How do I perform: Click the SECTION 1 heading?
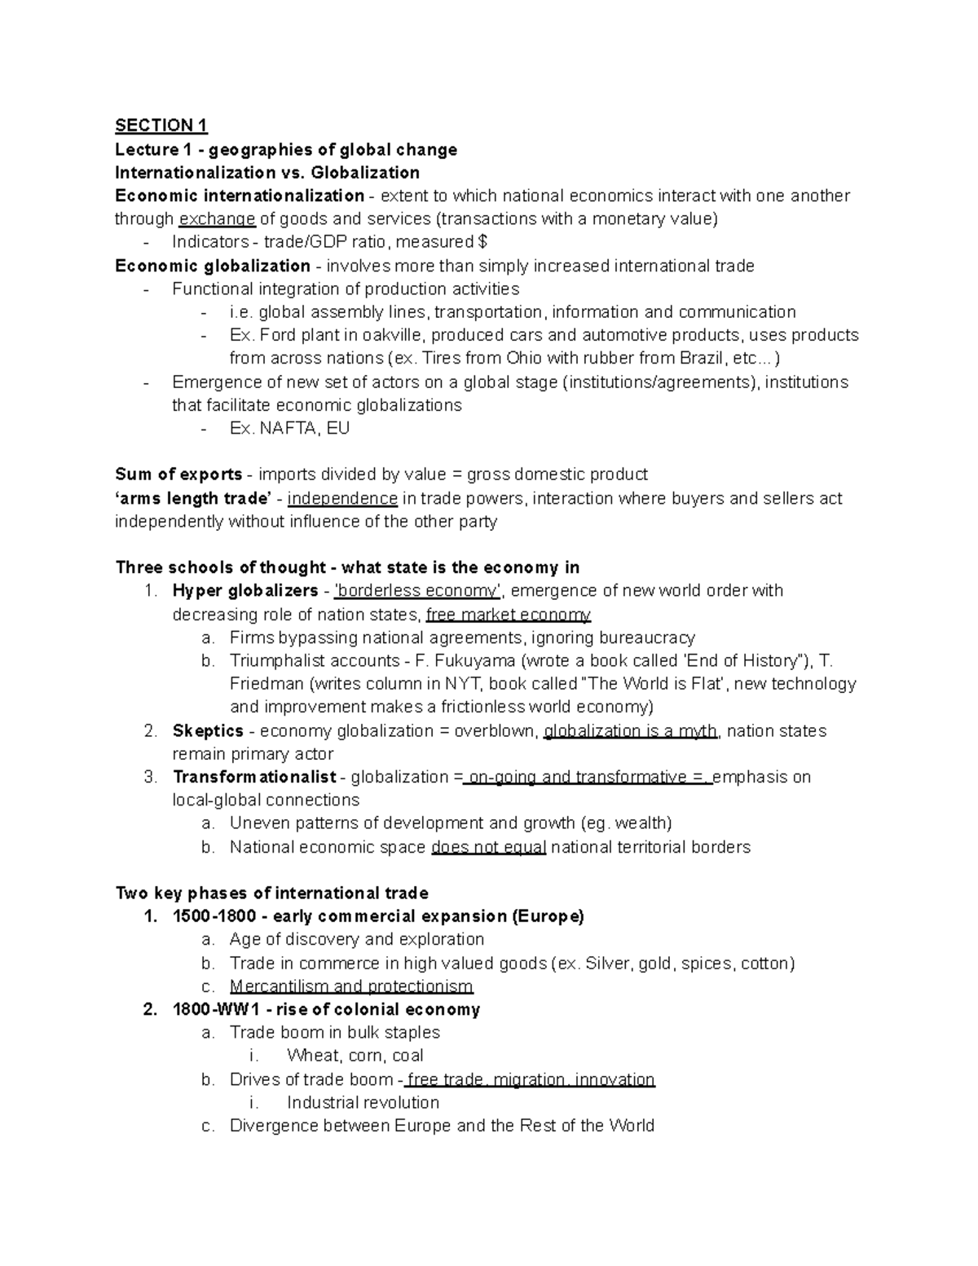click(161, 126)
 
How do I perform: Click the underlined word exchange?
click(217, 219)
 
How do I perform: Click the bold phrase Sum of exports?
click(178, 475)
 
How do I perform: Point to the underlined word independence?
click(342, 499)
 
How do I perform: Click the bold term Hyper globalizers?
click(244, 591)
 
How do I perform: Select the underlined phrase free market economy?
click(508, 615)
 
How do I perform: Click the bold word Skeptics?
click(208, 731)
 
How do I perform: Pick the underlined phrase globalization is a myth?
click(630, 731)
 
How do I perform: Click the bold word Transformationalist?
click(254, 778)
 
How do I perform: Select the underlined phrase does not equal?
click(488, 848)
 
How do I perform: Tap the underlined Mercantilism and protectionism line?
click(351, 987)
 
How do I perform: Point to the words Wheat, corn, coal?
click(355, 1056)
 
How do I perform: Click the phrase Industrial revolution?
click(363, 1103)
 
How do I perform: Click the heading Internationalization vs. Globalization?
click(267, 173)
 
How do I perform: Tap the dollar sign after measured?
click(483, 242)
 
